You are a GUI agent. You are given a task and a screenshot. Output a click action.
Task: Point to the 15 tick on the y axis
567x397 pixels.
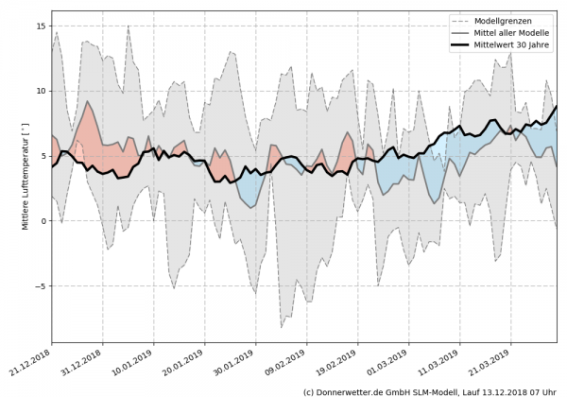pyautogui.click(x=43, y=26)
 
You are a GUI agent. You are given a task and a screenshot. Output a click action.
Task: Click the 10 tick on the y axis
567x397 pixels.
pyautogui.click(x=43, y=91)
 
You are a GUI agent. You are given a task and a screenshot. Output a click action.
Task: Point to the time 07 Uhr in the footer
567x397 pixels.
pyautogui.click(x=540, y=390)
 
